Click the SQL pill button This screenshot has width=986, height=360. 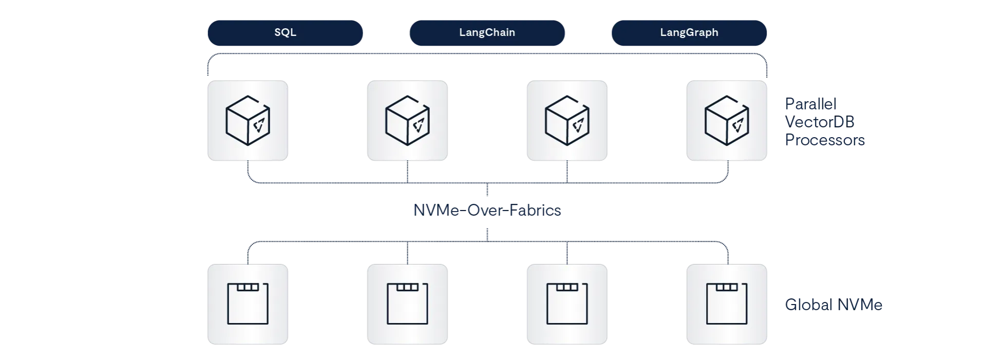pyautogui.click(x=285, y=32)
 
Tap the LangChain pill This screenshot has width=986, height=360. pyautogui.click(x=487, y=32)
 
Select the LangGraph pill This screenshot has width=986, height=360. pyautogui.click(x=689, y=32)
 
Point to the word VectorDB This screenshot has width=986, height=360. pyautogui.click(x=819, y=122)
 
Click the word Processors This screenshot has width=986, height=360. pyautogui.click(x=825, y=140)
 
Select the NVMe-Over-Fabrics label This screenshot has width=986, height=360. pyautogui.click(x=487, y=210)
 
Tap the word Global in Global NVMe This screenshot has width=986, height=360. pyautogui.click(x=809, y=305)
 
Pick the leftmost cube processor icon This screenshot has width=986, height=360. pyautogui.click(x=248, y=121)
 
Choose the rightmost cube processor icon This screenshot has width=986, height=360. pyautogui.click(x=727, y=121)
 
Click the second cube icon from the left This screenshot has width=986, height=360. pyautogui.click(x=408, y=121)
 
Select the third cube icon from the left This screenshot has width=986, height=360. pyautogui.click(x=567, y=121)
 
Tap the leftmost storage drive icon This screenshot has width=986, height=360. pyautogui.click(x=248, y=304)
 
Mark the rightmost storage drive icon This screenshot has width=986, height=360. pyautogui.click(x=727, y=304)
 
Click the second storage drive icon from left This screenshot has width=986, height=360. pyautogui.click(x=408, y=304)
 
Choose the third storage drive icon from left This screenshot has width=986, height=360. pyautogui.click(x=567, y=304)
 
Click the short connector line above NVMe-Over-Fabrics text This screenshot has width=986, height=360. pyautogui.click(x=487, y=191)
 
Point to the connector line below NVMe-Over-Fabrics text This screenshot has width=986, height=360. pyautogui.click(x=487, y=232)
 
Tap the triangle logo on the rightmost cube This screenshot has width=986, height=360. pyautogui.click(x=738, y=125)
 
